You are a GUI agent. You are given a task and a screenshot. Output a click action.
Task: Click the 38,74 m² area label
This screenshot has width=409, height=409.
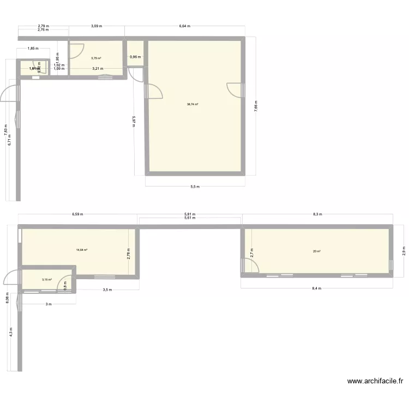tap(193, 104)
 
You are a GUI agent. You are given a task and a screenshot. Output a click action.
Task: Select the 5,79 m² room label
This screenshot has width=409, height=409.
tap(96, 58)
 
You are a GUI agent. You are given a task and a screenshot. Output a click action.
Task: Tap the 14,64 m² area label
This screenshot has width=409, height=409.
tap(82, 250)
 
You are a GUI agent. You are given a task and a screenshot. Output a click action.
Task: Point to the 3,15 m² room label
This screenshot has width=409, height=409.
tap(46, 280)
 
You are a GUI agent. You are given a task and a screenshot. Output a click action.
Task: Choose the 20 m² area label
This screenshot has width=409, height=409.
tap(316, 251)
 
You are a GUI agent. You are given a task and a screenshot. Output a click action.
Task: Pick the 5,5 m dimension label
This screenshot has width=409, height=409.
tap(195, 187)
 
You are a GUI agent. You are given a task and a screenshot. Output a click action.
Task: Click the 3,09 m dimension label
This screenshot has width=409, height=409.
tap(96, 26)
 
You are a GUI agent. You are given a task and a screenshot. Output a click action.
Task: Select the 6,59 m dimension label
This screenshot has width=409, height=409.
tap(77, 214)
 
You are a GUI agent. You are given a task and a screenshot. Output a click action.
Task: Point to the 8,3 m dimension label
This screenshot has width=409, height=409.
tap(317, 214)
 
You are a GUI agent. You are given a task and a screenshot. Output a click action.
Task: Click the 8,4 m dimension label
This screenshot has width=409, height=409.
tap(316, 288)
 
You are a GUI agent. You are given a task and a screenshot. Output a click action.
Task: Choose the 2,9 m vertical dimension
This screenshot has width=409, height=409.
tap(404, 249)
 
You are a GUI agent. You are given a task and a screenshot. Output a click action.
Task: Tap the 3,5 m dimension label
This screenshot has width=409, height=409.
tap(107, 290)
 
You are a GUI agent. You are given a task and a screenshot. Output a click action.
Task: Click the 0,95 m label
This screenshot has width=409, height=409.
tap(135, 57)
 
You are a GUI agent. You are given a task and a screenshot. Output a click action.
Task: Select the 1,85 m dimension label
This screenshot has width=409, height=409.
tap(33, 49)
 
